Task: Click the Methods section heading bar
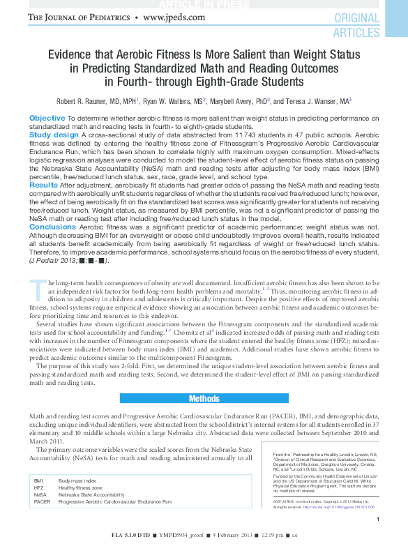tap(204, 398)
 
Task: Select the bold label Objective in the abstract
tap(47, 118)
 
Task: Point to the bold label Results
tap(43, 185)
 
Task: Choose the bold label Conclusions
tap(52, 227)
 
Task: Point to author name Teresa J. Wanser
tap(317, 101)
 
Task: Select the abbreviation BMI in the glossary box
tap(39, 481)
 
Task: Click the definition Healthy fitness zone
tap(81, 488)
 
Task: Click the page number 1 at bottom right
tap(377, 520)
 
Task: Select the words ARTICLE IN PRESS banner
tap(204, 5)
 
